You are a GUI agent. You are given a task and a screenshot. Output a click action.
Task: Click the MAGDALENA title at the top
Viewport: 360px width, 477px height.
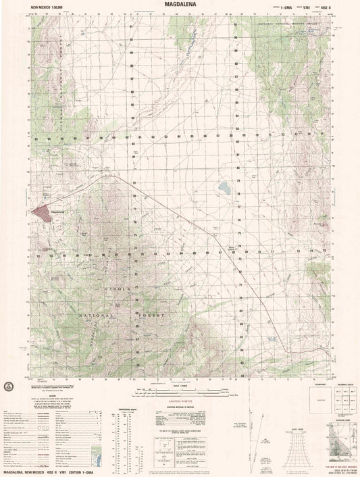180,4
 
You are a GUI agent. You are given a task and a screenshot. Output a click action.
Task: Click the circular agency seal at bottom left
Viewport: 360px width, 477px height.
9,386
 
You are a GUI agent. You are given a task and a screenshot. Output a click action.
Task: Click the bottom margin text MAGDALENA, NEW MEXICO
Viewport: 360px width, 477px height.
34,473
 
